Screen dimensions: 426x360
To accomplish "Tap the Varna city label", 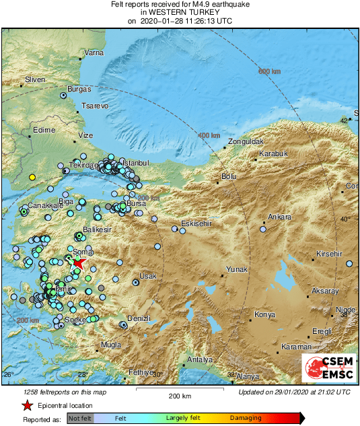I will click(94, 52).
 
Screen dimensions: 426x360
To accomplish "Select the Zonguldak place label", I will click(244, 142).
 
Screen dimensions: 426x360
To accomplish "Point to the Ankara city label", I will click(280, 217).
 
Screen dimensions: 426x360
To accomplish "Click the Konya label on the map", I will click(265, 314).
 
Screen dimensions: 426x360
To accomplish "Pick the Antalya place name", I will click(199, 359).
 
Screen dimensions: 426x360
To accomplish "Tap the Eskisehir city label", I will click(196, 224).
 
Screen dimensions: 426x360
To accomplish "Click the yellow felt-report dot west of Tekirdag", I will click(32, 177).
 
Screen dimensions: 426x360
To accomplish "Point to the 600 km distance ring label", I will click(269, 71).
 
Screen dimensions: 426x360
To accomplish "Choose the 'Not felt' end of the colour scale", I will click(80, 418).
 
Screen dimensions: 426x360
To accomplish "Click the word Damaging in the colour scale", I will click(246, 418).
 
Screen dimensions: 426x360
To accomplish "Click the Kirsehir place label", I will click(330, 254).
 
